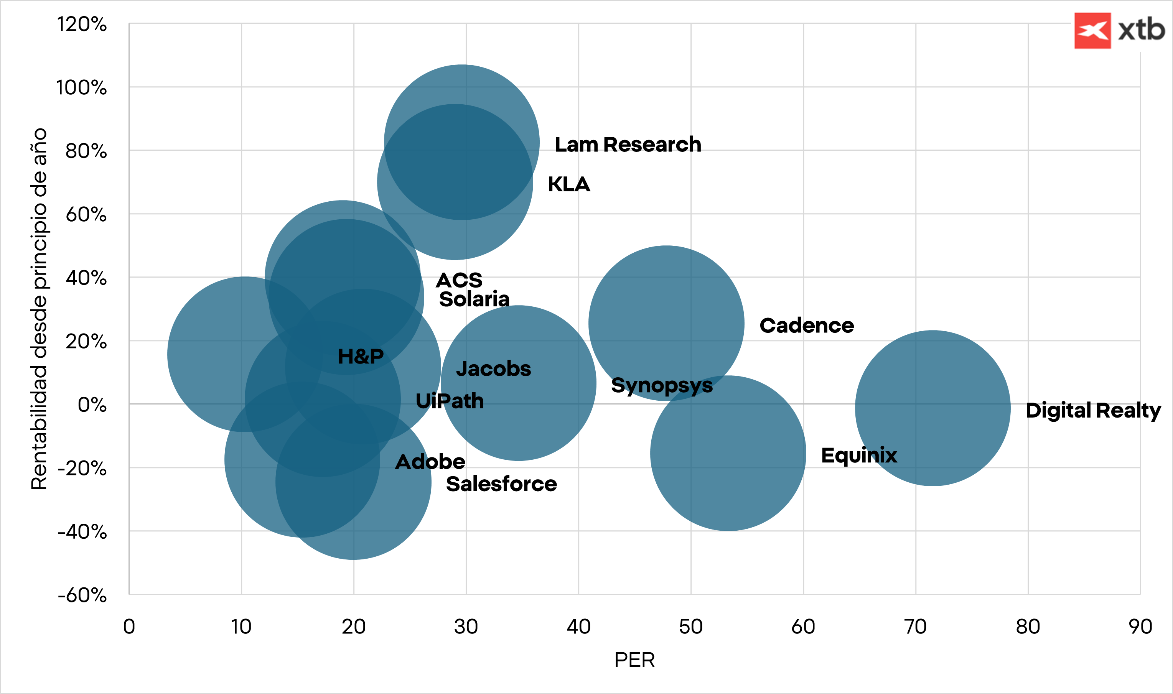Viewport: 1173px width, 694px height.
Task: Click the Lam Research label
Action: (x=628, y=145)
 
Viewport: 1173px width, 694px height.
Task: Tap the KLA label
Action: (x=569, y=184)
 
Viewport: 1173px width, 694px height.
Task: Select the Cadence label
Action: (x=806, y=326)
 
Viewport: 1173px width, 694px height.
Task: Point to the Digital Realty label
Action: (x=1093, y=411)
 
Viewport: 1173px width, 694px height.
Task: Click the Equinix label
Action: (x=859, y=455)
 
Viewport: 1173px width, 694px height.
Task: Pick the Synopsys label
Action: (x=662, y=385)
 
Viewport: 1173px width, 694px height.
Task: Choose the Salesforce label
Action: (x=501, y=484)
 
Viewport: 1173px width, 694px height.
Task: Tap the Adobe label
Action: (x=430, y=462)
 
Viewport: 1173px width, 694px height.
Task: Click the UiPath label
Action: (x=450, y=401)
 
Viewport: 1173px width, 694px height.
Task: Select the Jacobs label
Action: (x=493, y=369)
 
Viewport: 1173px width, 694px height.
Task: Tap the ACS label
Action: (x=459, y=281)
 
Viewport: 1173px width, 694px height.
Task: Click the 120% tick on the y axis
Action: (x=82, y=24)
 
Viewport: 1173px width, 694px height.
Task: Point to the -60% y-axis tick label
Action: (x=82, y=595)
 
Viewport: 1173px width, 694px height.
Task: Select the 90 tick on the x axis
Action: (x=1140, y=627)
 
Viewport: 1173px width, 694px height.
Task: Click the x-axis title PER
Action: (x=634, y=660)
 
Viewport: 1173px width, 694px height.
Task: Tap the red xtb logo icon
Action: (x=1092, y=31)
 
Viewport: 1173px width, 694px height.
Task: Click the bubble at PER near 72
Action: (x=932, y=408)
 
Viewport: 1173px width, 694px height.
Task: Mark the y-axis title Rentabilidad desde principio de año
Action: (x=39, y=309)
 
